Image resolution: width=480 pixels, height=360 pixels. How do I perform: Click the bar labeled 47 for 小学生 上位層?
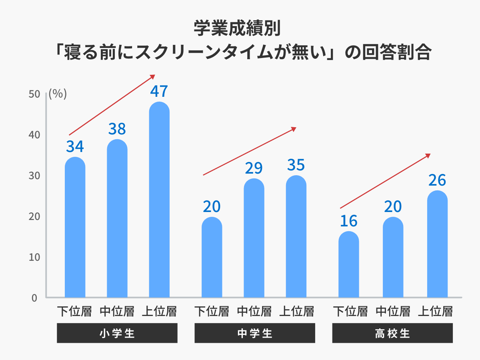(x=159, y=200)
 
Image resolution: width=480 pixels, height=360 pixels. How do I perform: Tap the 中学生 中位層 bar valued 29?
(x=254, y=238)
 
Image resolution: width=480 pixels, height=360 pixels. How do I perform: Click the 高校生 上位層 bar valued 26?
(x=437, y=244)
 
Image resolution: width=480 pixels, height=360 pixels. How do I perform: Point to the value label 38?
(x=117, y=129)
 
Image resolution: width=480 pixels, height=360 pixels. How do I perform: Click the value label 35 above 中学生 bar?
(x=296, y=165)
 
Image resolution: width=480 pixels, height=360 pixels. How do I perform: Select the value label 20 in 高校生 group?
(x=393, y=207)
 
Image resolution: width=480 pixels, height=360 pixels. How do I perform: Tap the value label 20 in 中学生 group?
(x=212, y=207)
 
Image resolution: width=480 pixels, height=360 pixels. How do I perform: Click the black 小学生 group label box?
(x=117, y=333)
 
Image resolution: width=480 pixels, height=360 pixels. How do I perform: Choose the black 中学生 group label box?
(x=254, y=333)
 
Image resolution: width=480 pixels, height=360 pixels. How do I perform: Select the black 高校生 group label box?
(x=392, y=333)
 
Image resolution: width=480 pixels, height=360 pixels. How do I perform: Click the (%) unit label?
(x=58, y=94)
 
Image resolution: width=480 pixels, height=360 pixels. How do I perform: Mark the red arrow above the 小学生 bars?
(x=112, y=105)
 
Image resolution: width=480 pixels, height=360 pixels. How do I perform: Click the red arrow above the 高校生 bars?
(x=385, y=181)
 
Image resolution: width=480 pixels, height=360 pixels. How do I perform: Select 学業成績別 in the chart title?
(x=240, y=28)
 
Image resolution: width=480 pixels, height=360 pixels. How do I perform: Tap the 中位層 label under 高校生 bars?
(x=393, y=311)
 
